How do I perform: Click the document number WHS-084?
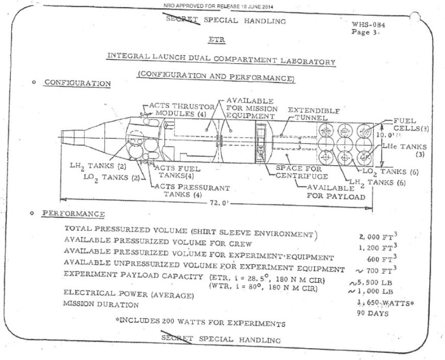368,25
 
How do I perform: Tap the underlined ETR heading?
217,39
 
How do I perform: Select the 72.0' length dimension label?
219,203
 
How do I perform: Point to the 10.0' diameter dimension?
386,135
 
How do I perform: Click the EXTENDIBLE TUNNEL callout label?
314,114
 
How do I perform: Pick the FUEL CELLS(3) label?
411,124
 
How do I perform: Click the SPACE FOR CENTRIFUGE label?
301,172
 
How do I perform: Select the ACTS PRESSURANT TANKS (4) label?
192,191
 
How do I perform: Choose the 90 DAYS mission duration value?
372,313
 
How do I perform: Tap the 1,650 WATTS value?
386,303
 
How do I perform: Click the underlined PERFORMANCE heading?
73,214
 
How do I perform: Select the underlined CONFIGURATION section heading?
78,83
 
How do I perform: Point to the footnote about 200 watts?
200,322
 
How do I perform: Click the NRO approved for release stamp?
218,6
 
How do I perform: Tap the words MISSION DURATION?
101,304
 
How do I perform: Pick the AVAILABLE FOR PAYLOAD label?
336,192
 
